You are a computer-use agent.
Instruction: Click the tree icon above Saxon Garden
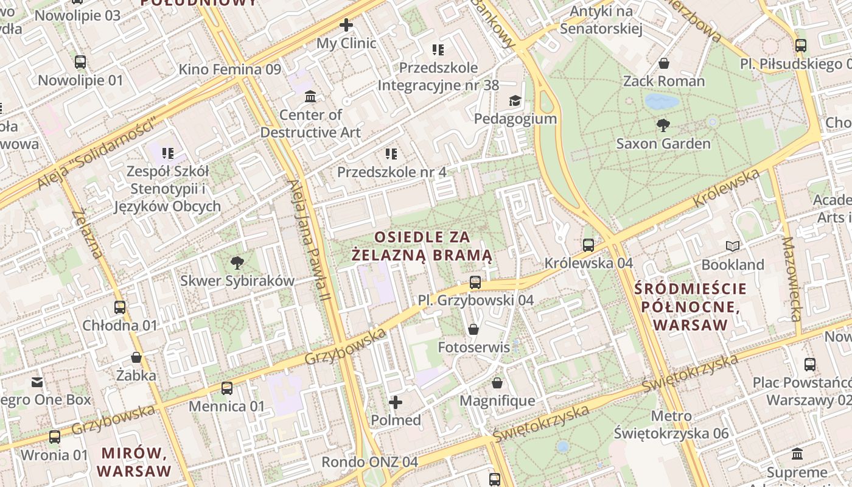(x=663, y=125)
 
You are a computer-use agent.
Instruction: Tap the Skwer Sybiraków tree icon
(x=237, y=263)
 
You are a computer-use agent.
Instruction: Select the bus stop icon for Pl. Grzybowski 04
(x=475, y=282)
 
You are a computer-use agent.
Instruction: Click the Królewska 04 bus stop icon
(x=588, y=245)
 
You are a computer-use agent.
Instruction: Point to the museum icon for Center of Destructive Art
(x=310, y=97)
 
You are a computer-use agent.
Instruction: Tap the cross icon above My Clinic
(x=346, y=25)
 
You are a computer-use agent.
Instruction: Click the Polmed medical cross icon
(x=396, y=402)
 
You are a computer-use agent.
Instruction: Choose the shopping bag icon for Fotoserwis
(x=473, y=329)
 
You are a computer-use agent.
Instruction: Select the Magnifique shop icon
(x=497, y=383)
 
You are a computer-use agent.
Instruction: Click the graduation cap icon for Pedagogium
(x=515, y=100)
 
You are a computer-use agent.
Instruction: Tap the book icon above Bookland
(x=733, y=247)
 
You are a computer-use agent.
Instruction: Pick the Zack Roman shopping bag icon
(x=664, y=63)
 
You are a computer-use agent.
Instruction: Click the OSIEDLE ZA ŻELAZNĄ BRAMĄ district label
(x=422, y=246)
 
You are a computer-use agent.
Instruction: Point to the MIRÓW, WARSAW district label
(x=134, y=462)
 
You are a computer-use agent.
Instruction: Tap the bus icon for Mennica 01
(x=227, y=388)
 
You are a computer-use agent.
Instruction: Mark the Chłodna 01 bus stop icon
(x=120, y=307)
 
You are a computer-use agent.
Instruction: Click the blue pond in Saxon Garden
(x=662, y=101)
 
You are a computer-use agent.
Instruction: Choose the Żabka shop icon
(x=136, y=357)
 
